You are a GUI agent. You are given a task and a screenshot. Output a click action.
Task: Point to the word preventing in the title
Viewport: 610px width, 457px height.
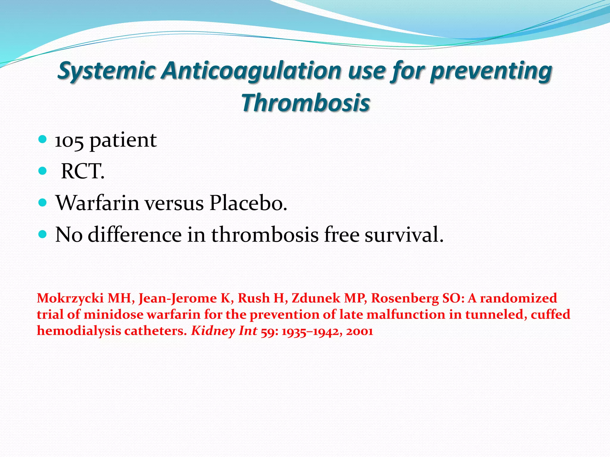pos(491,71)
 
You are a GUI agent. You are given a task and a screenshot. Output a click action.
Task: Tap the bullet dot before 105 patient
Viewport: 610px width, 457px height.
pos(43,139)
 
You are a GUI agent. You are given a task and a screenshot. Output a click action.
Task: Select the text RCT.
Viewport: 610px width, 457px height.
pos(83,172)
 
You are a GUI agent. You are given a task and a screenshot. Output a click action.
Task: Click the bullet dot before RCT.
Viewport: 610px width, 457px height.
pos(43,171)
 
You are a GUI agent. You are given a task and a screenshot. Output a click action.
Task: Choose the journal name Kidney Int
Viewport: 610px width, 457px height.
pos(224,331)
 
